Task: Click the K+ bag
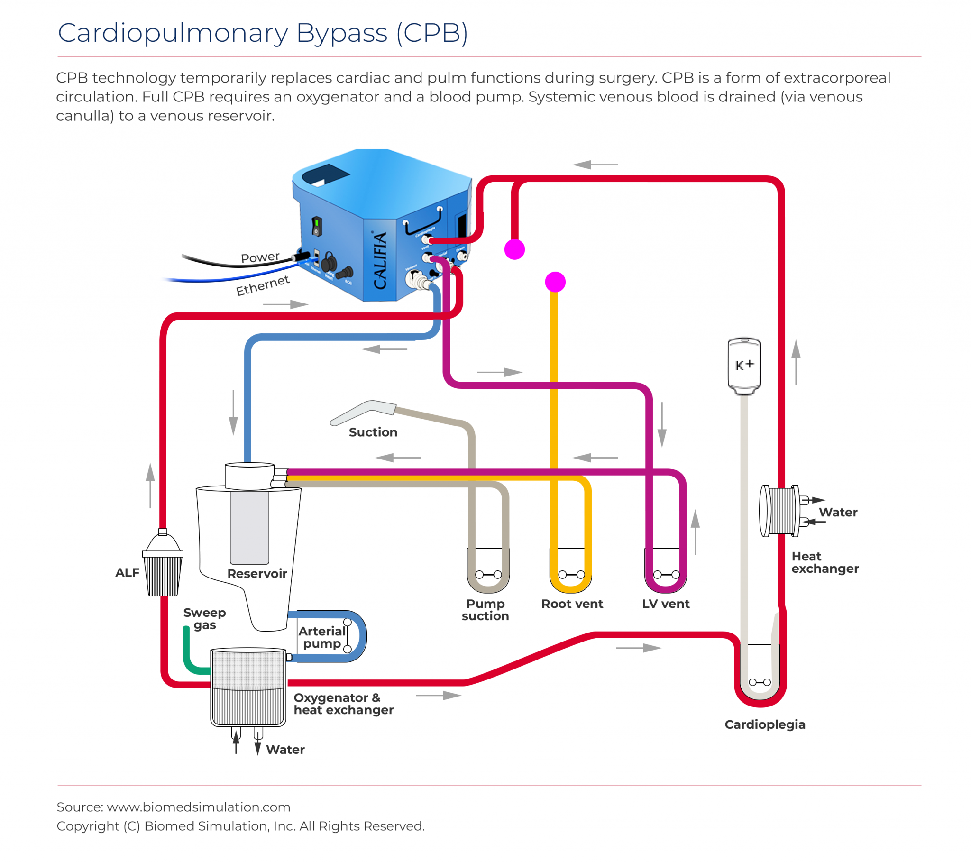(x=744, y=365)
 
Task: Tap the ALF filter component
(x=163, y=566)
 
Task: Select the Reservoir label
(x=257, y=574)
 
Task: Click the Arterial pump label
(x=322, y=637)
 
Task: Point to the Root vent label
(x=572, y=604)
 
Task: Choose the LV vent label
(x=666, y=604)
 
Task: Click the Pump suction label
(x=485, y=610)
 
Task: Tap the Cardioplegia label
(x=765, y=724)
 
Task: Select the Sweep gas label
(x=205, y=619)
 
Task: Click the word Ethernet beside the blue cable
(x=263, y=285)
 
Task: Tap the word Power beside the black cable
(x=260, y=257)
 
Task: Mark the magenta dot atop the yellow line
(x=555, y=282)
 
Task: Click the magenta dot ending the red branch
(x=514, y=249)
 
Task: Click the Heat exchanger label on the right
(x=824, y=563)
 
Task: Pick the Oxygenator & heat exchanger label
(x=343, y=704)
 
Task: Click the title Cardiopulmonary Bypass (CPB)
(x=263, y=33)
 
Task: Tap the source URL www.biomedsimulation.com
(x=198, y=807)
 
